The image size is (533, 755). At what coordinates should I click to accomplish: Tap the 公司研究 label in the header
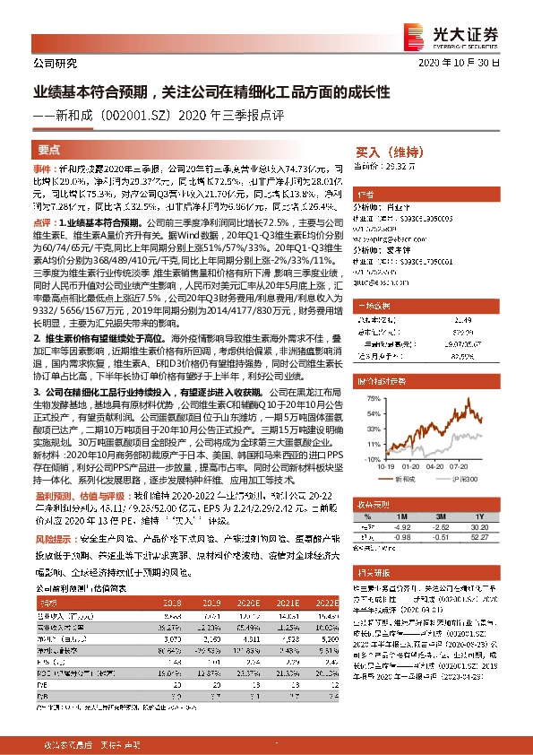pyautogui.click(x=55, y=64)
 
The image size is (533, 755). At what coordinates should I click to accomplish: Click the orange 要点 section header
pyautogui.click(x=49, y=150)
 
